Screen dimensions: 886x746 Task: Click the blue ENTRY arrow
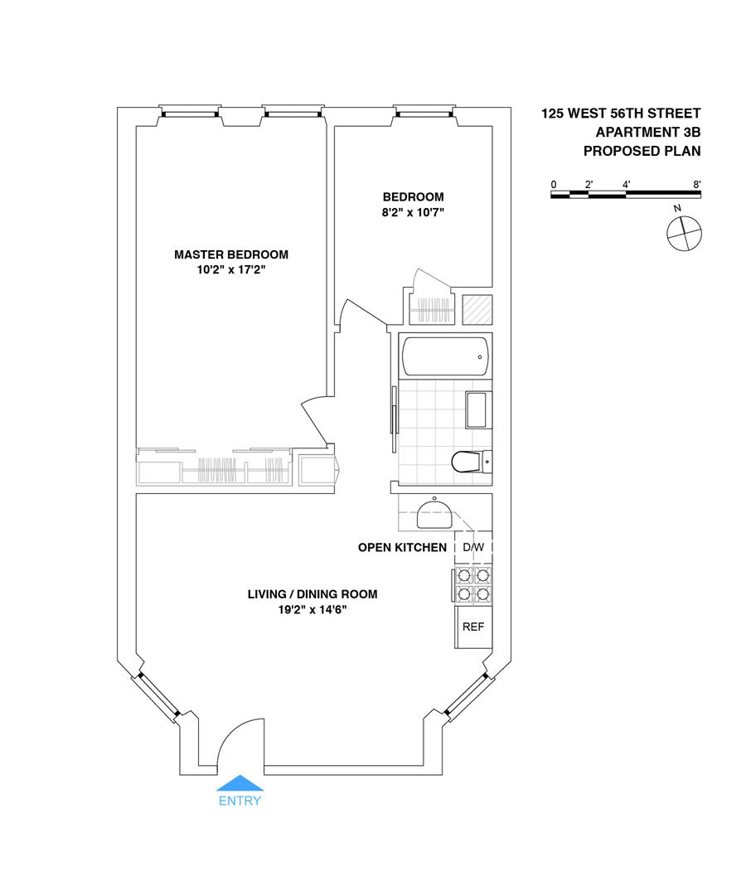(x=240, y=783)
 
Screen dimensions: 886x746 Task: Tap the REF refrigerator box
(x=472, y=627)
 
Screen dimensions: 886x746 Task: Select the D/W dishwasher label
(x=472, y=548)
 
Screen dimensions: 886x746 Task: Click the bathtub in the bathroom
(x=444, y=356)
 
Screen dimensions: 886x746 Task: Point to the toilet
(x=469, y=462)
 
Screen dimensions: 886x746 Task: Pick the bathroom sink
(x=477, y=409)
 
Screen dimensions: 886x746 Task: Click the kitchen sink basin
(x=434, y=514)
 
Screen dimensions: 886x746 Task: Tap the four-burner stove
(x=472, y=584)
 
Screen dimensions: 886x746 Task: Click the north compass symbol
(x=684, y=231)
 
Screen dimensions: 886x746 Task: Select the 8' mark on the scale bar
(x=698, y=183)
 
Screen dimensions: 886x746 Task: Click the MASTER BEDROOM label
(x=231, y=254)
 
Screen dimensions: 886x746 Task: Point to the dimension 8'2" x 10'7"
(x=413, y=212)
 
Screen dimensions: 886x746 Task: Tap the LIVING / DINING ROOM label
(x=312, y=594)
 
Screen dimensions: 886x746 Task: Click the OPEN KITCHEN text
(x=402, y=548)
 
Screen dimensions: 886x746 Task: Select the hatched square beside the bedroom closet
(x=477, y=310)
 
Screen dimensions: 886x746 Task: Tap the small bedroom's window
(x=424, y=111)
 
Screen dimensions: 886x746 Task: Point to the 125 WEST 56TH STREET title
(x=621, y=114)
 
